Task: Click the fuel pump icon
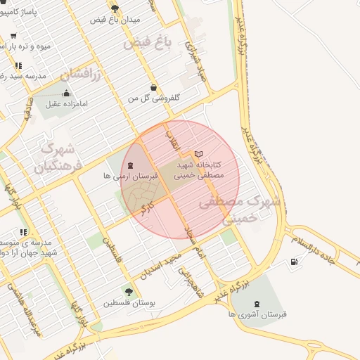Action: coord(293,262)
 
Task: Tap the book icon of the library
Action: coord(198,153)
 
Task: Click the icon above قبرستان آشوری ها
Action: coord(256,304)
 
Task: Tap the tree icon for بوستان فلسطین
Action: coord(128,292)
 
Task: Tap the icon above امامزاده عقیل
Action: coord(66,93)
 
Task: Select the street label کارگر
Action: coord(146,207)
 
